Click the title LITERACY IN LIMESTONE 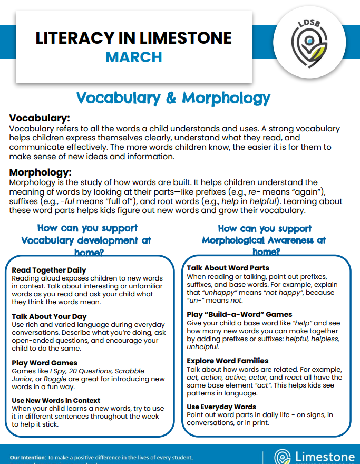(x=133, y=38)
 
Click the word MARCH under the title (x=133, y=56)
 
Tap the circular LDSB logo (x=309, y=43)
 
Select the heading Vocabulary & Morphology (x=173, y=98)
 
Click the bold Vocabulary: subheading (x=40, y=118)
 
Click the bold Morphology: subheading (x=41, y=172)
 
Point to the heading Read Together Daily (x=49, y=270)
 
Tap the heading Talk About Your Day (x=49, y=316)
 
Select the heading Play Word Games (x=44, y=363)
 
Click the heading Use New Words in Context (x=56, y=401)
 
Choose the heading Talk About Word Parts (x=228, y=268)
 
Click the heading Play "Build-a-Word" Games (x=239, y=314)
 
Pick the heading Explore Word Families (x=228, y=361)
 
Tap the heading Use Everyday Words (x=221, y=407)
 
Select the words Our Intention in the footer (x=26, y=457)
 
